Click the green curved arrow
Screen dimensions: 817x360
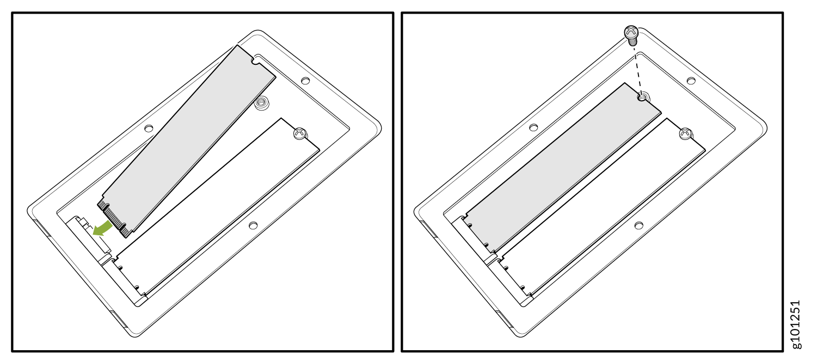(102, 228)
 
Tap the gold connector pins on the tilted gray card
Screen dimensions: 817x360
(113, 218)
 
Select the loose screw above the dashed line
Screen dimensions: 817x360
(631, 35)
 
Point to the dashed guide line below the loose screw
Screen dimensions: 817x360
(638, 69)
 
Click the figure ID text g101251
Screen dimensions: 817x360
(796, 325)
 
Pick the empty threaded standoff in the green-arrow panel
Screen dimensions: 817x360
(261, 102)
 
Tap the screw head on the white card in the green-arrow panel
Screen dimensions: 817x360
(300, 133)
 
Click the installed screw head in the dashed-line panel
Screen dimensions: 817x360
(686, 133)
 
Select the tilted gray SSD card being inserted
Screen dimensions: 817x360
(186, 142)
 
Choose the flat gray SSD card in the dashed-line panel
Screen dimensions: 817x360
(563, 167)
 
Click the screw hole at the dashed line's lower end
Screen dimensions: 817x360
(643, 97)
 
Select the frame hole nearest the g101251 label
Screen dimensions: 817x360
(638, 225)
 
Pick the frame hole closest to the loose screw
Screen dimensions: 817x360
(691, 81)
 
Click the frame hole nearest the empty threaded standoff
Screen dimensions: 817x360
(305, 81)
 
